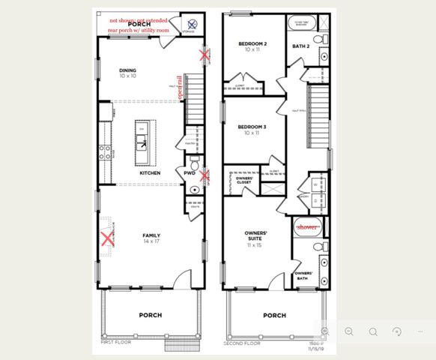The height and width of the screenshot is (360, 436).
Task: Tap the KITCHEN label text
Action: point(150,173)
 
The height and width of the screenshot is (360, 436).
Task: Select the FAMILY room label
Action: point(151,235)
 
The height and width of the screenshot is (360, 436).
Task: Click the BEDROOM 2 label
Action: point(252,44)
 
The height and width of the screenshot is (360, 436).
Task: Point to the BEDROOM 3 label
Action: point(252,127)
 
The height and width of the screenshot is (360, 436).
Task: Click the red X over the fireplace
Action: point(108,239)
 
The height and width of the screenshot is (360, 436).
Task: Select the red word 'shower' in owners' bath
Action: point(306,226)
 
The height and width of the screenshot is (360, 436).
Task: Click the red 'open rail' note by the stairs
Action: point(179,87)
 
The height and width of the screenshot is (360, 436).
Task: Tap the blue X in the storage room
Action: point(193,25)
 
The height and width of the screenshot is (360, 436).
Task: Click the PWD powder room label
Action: point(190,173)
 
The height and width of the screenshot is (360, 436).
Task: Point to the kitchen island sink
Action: point(142,140)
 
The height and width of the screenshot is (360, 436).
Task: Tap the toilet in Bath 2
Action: point(317,39)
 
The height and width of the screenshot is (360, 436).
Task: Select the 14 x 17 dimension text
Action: point(151,243)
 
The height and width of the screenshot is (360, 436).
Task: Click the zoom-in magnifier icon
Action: point(326,331)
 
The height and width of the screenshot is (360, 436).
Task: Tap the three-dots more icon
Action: point(422,331)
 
